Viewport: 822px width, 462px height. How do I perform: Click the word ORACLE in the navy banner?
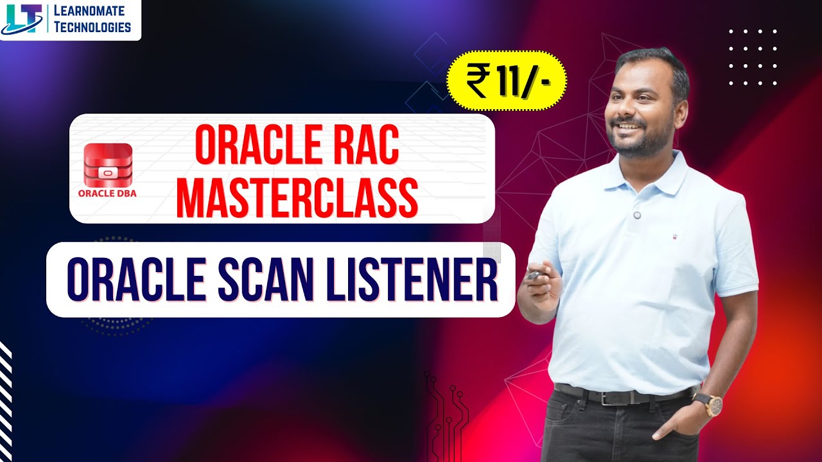pyautogui.click(x=136, y=280)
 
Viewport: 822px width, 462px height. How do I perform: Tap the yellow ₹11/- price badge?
pyautogui.click(x=507, y=81)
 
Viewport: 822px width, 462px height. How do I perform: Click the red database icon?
pyautogui.click(x=107, y=165)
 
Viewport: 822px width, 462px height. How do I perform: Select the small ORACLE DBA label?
pyautogui.click(x=107, y=192)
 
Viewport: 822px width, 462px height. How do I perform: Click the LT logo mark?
pyautogui.click(x=22, y=19)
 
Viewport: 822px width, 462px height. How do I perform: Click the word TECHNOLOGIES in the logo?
pyautogui.click(x=92, y=27)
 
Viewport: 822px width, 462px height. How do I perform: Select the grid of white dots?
pyautogui.click(x=753, y=57)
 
